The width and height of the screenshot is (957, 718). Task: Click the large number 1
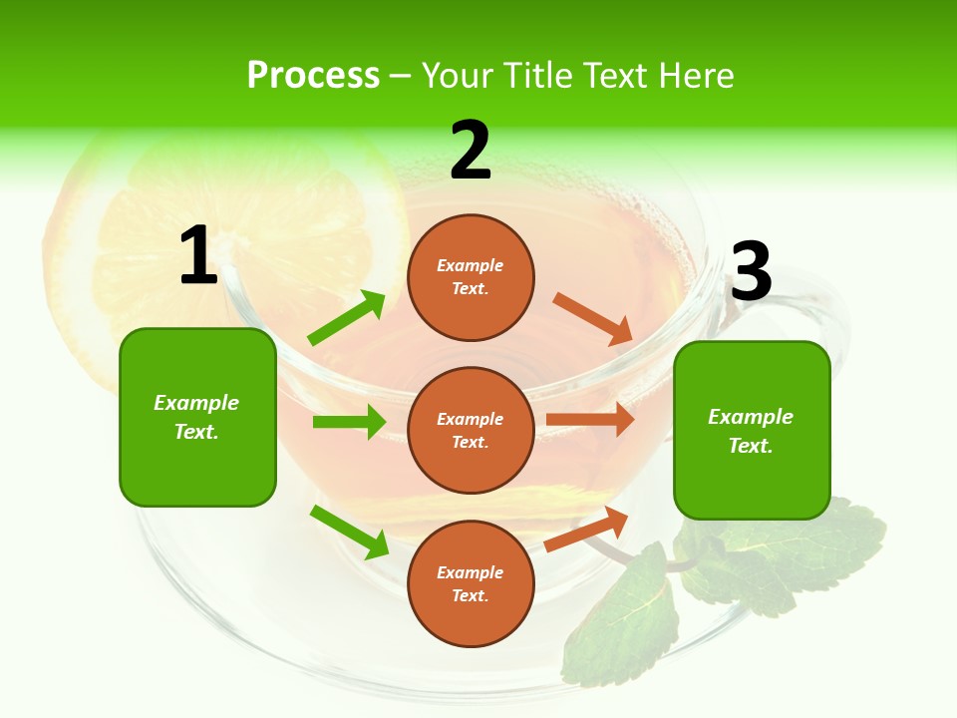coord(198,256)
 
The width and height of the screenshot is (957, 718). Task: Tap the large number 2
coord(470,152)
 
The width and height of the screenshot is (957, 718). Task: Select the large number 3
coord(751,272)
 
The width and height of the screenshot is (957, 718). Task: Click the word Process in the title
coord(313,76)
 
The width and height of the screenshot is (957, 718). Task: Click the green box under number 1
coord(197,417)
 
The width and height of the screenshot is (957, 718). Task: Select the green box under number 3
coord(752,430)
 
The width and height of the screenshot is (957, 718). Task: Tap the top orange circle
coord(471,277)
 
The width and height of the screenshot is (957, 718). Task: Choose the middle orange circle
coord(471,430)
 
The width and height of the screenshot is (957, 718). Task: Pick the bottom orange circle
coord(471,583)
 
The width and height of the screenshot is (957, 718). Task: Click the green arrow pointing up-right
coord(347,318)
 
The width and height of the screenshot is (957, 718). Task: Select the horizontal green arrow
coord(349,422)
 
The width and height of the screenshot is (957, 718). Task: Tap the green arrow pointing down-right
coord(349,531)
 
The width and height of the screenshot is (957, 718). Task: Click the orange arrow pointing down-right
coord(593,318)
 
